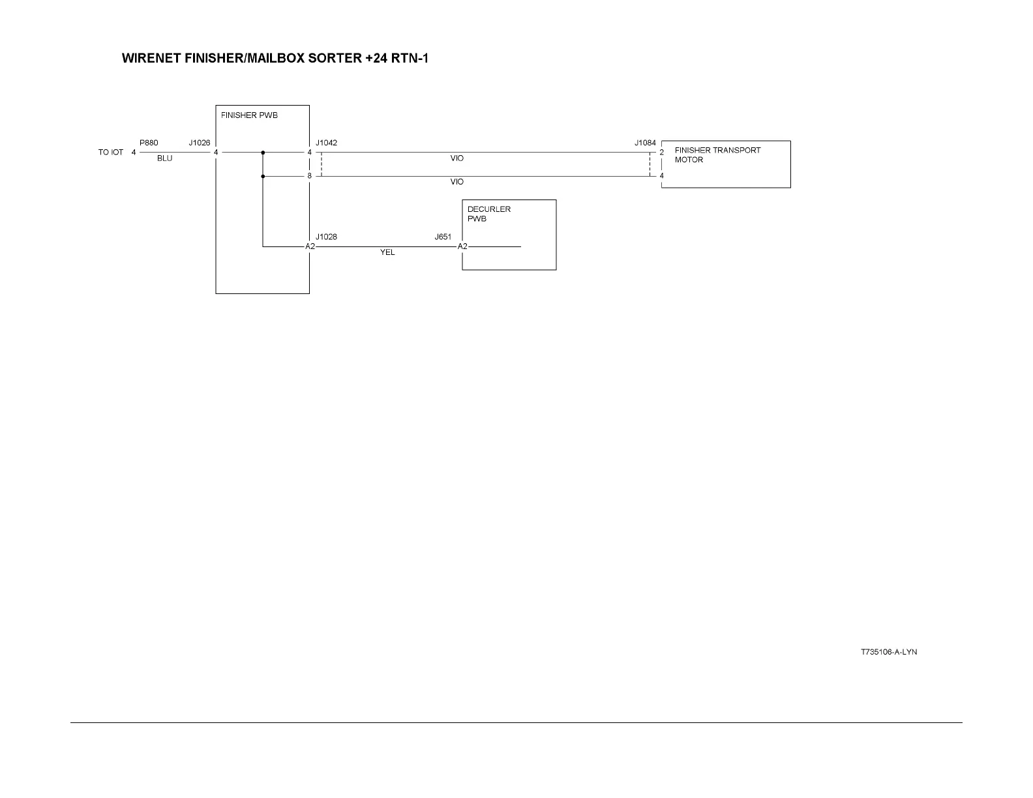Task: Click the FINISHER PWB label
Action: pyautogui.click(x=249, y=115)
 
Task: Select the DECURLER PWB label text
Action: pyautogui.click(x=488, y=214)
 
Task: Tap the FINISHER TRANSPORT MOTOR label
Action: pyautogui.click(x=717, y=155)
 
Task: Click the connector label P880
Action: pyautogui.click(x=149, y=143)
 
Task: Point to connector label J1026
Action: pyautogui.click(x=200, y=143)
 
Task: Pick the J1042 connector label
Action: pyautogui.click(x=326, y=143)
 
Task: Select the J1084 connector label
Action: pyautogui.click(x=645, y=143)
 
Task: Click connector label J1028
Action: pyautogui.click(x=326, y=237)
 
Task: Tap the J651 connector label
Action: pyautogui.click(x=443, y=237)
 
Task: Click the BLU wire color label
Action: pyautogui.click(x=164, y=158)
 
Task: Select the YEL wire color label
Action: pyautogui.click(x=387, y=252)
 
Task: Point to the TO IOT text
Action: pyautogui.click(x=111, y=153)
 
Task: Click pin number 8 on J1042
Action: pyautogui.click(x=310, y=176)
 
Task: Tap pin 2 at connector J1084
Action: pyautogui.click(x=661, y=153)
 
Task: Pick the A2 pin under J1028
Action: pyautogui.click(x=310, y=246)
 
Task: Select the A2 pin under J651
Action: pyautogui.click(x=462, y=246)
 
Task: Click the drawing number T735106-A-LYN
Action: pyautogui.click(x=888, y=652)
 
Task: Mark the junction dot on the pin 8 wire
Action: pyautogui.click(x=263, y=176)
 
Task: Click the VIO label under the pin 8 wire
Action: pyautogui.click(x=457, y=182)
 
